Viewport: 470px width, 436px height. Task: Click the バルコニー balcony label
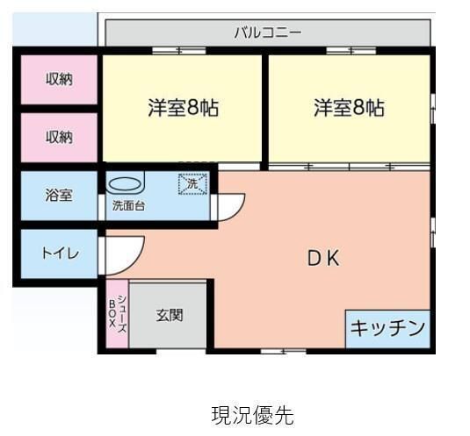[x=268, y=32]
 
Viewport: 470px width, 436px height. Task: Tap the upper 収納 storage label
[x=59, y=79]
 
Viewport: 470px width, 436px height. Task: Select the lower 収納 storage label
[x=59, y=137]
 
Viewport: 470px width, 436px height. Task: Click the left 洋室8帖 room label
[x=183, y=108]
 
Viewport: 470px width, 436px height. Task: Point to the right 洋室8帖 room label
[x=349, y=108]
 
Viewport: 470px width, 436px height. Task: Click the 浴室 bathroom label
[x=59, y=196]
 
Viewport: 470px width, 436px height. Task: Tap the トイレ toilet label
[x=60, y=254]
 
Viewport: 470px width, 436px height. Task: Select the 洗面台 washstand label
[x=128, y=208]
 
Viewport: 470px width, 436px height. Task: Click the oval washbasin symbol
[x=124, y=185]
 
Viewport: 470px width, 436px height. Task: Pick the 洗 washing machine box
[x=193, y=184]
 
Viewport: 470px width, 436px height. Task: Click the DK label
[x=322, y=258]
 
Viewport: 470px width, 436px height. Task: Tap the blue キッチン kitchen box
[x=387, y=328]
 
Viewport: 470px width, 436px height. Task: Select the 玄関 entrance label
[x=170, y=314]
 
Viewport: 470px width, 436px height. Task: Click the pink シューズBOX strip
[x=117, y=315]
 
